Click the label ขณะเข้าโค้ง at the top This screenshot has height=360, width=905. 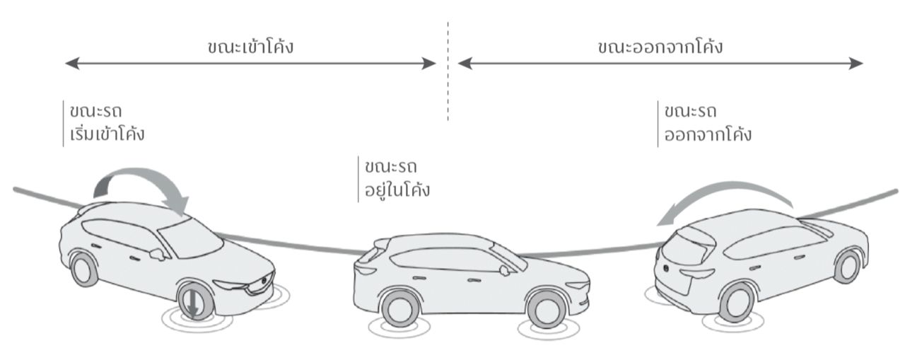(250, 48)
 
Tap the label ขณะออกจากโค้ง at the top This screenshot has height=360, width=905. (659, 48)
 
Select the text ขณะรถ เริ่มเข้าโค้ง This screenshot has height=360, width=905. (106, 122)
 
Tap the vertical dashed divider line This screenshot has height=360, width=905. (448, 71)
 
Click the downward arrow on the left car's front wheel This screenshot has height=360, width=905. (192, 303)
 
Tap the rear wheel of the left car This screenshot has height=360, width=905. (84, 269)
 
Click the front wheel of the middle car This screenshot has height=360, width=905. (547, 309)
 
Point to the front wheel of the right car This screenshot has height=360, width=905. (847, 266)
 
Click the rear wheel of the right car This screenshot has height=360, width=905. (737, 302)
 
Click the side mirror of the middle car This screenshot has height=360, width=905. (503, 269)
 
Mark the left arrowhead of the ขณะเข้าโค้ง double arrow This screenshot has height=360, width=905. (69, 64)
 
